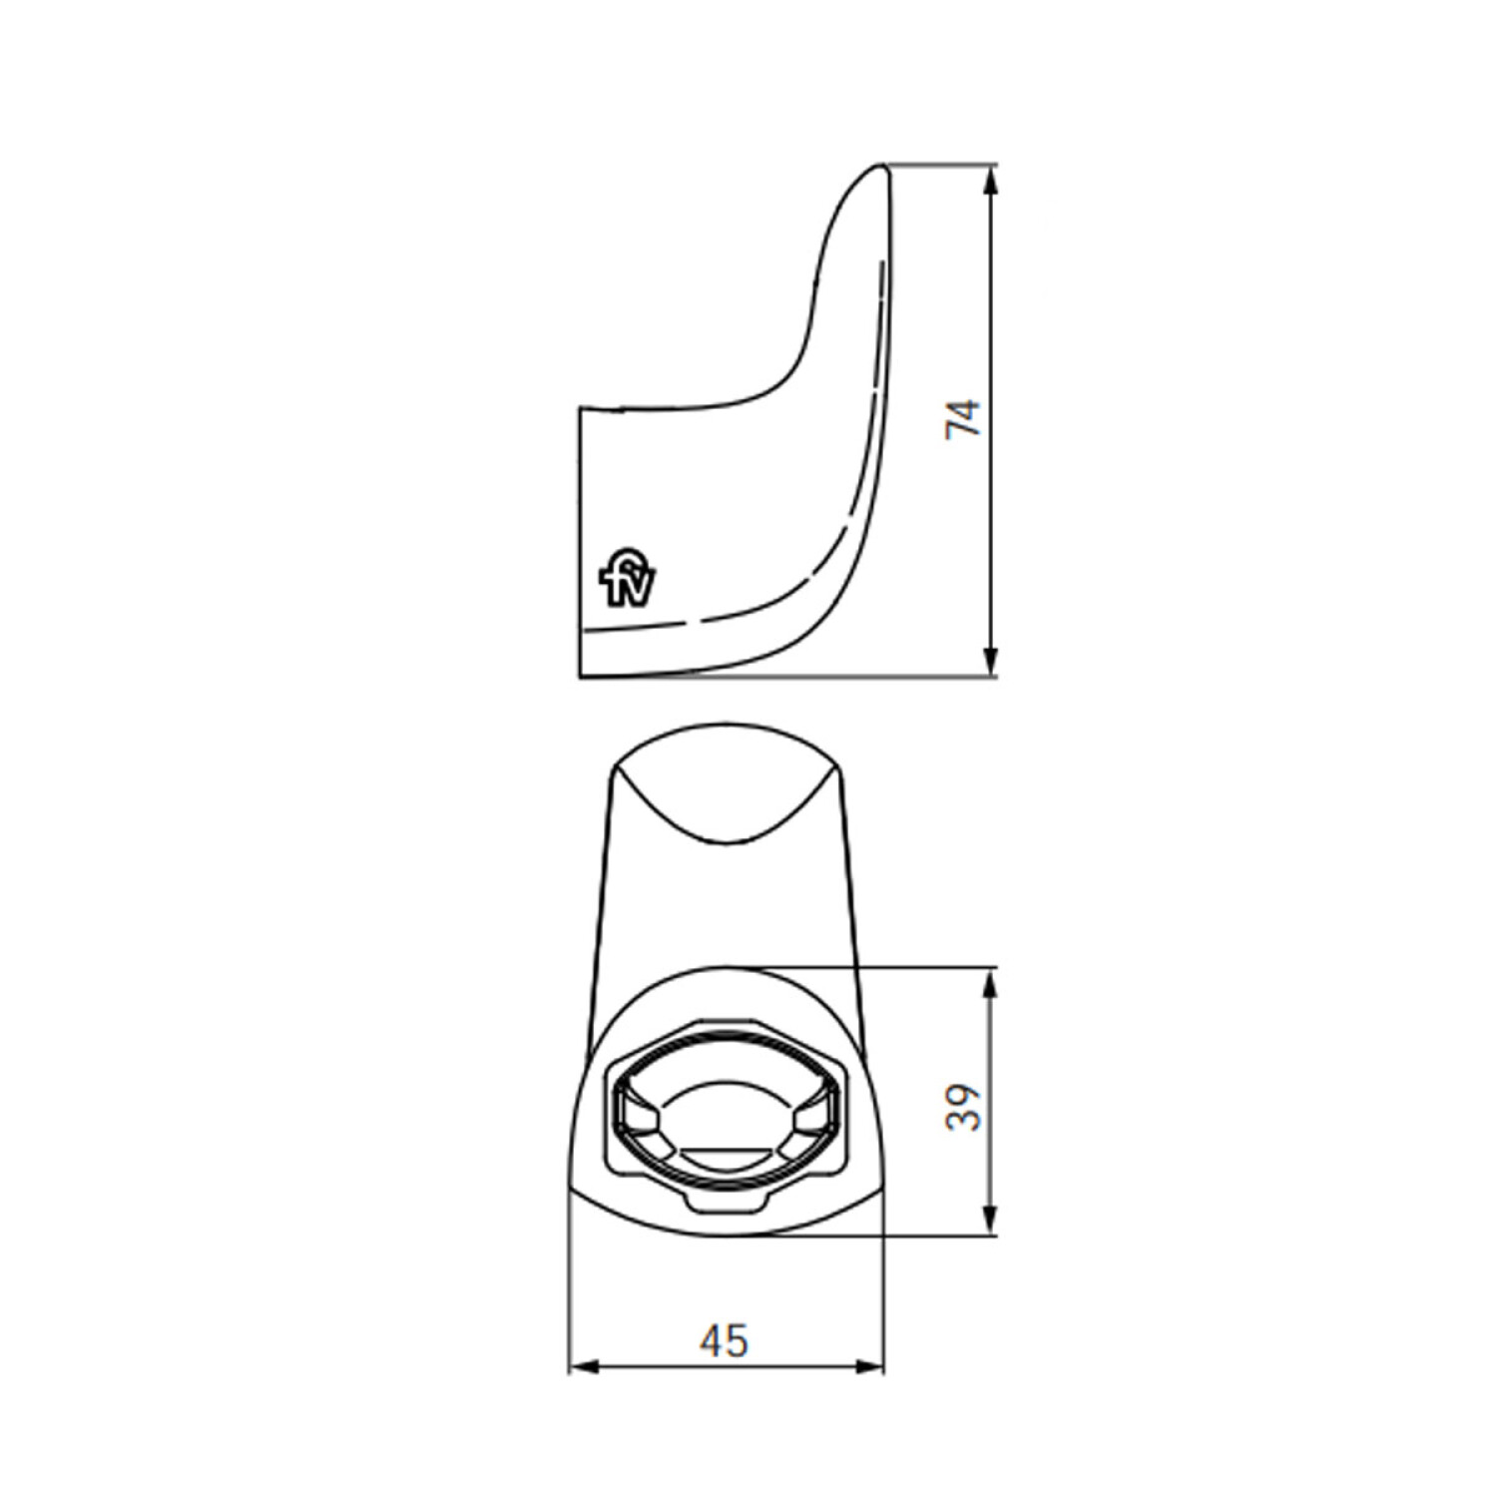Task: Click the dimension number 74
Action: coord(964,418)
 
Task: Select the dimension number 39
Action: coord(964,1107)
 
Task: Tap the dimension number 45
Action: coord(724,1340)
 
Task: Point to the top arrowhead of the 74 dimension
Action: coord(990,181)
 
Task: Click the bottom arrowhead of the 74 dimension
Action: coord(990,661)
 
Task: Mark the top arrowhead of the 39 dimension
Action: coord(990,983)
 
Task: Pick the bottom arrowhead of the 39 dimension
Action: coord(990,1220)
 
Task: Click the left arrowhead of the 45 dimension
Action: coord(584,1365)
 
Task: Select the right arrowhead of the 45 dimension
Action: coord(868,1365)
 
